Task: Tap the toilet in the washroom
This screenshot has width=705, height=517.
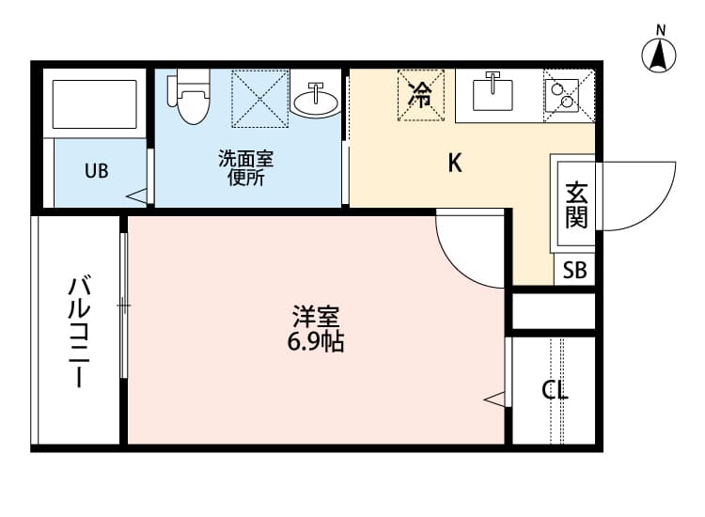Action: point(191,98)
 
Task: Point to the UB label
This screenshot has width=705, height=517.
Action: point(97,171)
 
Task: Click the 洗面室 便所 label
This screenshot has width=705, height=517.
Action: point(245,167)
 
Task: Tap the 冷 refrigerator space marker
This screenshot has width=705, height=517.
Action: point(420,94)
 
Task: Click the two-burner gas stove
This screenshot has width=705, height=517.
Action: point(568,94)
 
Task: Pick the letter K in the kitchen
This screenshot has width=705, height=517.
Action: point(455,164)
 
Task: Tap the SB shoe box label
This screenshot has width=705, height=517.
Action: point(574,271)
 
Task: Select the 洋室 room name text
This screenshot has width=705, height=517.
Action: point(315,317)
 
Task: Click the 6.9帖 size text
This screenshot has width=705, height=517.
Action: point(315,342)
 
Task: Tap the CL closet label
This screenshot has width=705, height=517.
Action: point(555,390)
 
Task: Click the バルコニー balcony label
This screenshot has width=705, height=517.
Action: point(79,332)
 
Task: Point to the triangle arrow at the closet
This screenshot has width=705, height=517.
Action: point(495,399)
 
